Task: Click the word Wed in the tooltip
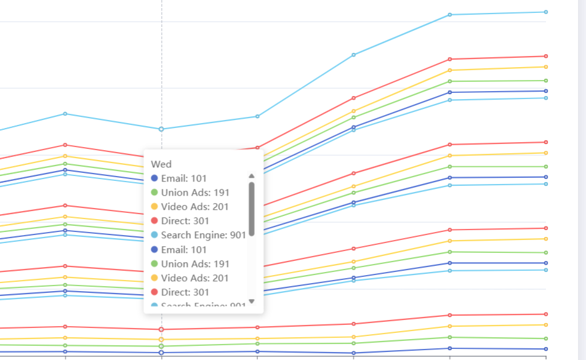point(161,164)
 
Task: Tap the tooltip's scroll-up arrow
point(251,176)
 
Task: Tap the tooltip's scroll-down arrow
point(251,301)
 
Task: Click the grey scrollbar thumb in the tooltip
point(251,209)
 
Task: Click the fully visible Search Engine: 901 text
point(203,235)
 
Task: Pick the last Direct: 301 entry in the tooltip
point(185,292)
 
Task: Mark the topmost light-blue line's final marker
point(546,12)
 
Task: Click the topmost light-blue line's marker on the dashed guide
point(161,129)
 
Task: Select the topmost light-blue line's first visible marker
point(65,114)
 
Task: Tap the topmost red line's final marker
point(546,56)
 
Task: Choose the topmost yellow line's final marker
point(546,67)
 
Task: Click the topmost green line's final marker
point(546,81)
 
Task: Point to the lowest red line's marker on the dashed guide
point(161,330)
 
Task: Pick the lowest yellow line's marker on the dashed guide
point(161,340)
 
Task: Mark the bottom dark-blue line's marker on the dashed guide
point(161,353)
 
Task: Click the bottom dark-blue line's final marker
point(546,349)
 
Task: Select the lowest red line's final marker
point(546,314)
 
